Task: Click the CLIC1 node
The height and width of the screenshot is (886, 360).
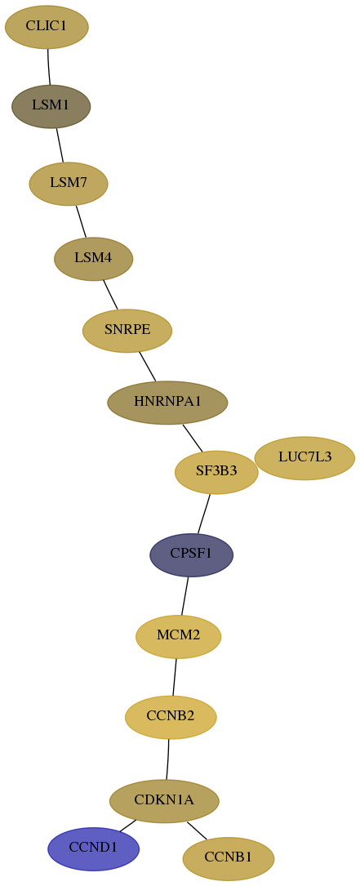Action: [x=47, y=27]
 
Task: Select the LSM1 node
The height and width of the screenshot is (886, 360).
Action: [x=51, y=106]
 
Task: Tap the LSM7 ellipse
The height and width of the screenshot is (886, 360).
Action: [x=69, y=184]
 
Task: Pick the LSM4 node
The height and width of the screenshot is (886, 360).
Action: [x=93, y=259]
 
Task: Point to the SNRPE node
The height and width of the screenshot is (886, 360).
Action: [x=127, y=331]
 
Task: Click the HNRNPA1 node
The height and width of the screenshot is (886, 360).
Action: [x=167, y=403]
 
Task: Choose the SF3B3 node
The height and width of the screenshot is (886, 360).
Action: [x=216, y=472]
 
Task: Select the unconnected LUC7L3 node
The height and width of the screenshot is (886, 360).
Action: [x=304, y=457]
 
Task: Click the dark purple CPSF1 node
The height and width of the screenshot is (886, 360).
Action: [x=191, y=555]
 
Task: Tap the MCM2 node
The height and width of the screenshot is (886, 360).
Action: [x=178, y=636]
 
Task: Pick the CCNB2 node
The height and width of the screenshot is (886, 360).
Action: [x=171, y=717]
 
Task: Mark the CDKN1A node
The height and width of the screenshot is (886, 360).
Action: [x=164, y=801]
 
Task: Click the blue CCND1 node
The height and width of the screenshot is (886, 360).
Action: [x=93, y=848]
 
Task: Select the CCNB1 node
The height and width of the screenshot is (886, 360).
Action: [x=229, y=858]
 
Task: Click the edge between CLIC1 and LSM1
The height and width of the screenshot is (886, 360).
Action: [x=48, y=67]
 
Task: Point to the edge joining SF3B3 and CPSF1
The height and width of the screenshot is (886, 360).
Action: [x=203, y=513]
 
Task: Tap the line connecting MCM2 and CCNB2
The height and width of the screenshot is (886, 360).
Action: [x=175, y=677]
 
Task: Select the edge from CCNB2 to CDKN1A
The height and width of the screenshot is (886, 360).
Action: [x=168, y=759]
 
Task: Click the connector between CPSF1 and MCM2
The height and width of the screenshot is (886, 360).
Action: [x=184, y=595]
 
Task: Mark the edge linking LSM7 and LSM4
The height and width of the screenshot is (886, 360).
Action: [x=81, y=221]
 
